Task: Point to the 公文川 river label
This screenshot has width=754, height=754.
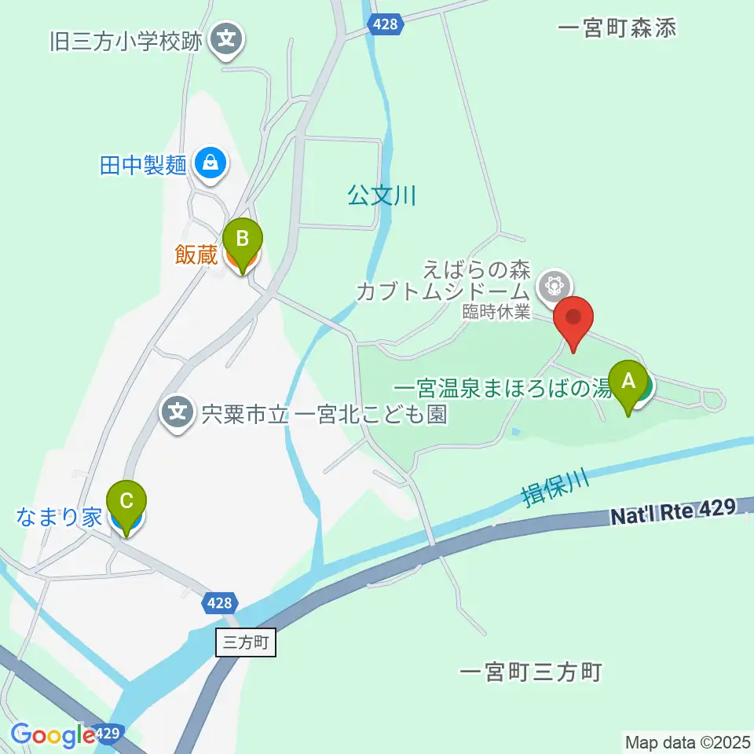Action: pos(382,196)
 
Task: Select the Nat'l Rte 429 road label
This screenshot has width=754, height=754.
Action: pos(673,513)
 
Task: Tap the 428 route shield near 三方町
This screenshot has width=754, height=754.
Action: pos(220,602)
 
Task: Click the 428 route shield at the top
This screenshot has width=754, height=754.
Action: pos(386,25)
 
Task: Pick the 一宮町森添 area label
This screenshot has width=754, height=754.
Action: pos(617,29)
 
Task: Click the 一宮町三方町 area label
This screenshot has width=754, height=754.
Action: pos(531,672)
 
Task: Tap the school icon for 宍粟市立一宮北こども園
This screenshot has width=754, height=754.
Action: pos(179,411)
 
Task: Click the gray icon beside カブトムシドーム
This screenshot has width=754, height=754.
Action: pos(555,283)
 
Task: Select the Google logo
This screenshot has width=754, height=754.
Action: pos(53,735)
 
